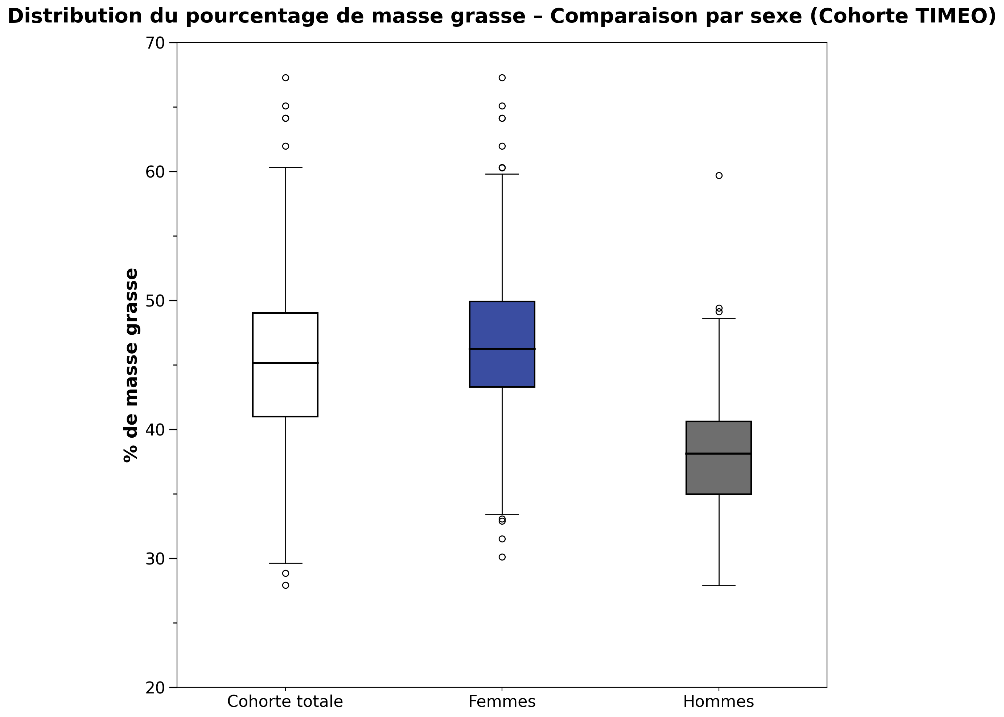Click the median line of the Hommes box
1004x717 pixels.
click(719, 453)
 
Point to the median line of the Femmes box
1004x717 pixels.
click(502, 349)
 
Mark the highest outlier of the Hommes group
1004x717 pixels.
click(719, 176)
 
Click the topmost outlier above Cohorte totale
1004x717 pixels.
click(285, 78)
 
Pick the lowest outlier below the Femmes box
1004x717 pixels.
click(502, 557)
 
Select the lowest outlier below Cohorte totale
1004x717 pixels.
click(285, 585)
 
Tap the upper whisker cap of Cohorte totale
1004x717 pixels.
click(285, 168)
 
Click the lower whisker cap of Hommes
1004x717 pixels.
click(719, 585)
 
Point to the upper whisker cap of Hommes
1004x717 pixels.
click(719, 318)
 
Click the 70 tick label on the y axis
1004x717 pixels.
click(154, 43)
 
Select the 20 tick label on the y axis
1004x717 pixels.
click(154, 687)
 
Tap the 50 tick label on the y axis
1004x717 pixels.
click(154, 301)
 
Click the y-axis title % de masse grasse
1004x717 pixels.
click(131, 365)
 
